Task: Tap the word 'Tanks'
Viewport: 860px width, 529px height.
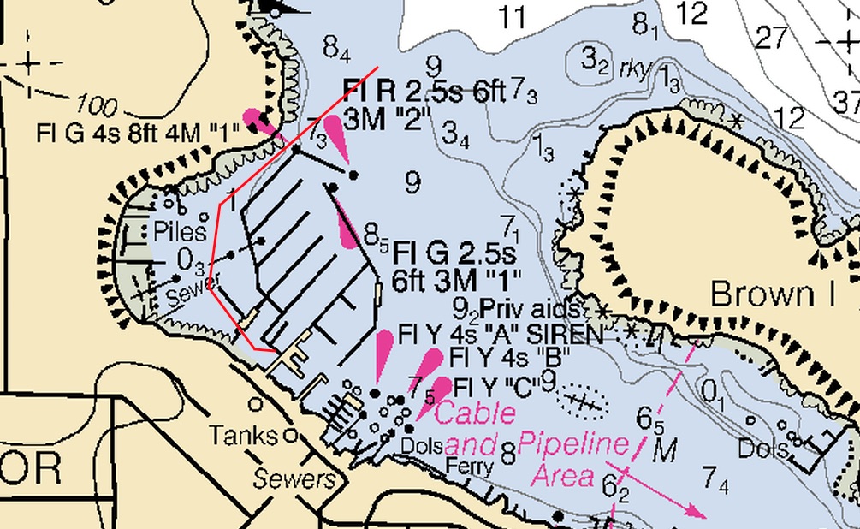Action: pyautogui.click(x=244, y=436)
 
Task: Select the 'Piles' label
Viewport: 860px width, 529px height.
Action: pyautogui.click(x=180, y=231)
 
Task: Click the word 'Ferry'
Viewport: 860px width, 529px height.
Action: pyautogui.click(x=470, y=467)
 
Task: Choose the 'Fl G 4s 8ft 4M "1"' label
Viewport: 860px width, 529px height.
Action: pyautogui.click(x=139, y=134)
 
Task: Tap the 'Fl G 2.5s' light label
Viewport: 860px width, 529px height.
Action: pyautogui.click(x=454, y=254)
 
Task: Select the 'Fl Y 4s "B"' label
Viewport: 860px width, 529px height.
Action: pyautogui.click(x=509, y=355)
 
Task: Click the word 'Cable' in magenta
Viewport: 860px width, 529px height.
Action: pyautogui.click(x=476, y=413)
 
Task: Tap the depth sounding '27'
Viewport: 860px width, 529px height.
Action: pyautogui.click(x=772, y=38)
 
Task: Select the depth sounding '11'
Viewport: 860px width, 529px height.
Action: pyautogui.click(x=513, y=16)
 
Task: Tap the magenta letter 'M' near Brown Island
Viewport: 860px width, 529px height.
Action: pyautogui.click(x=664, y=449)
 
